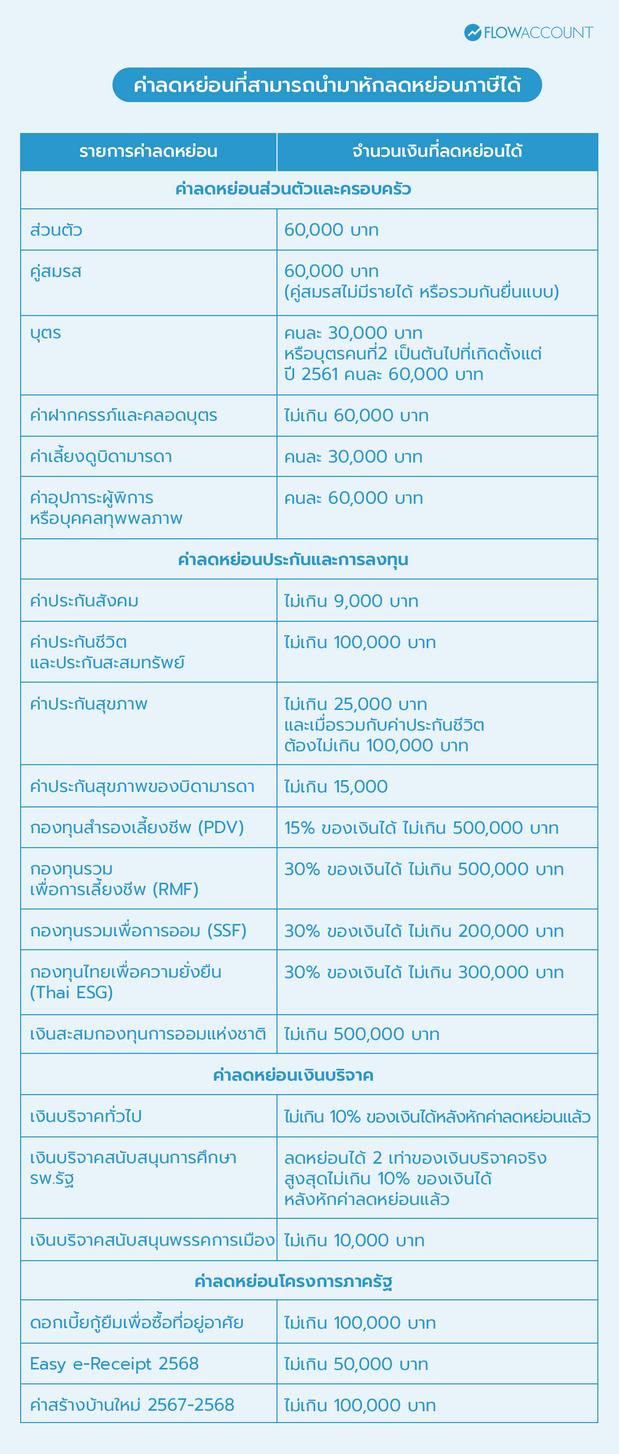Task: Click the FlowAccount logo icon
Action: click(472, 32)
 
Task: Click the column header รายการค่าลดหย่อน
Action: click(148, 152)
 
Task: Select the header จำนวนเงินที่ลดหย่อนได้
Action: click(436, 152)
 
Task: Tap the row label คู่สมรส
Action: click(56, 272)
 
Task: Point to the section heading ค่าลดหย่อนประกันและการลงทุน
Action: click(292, 559)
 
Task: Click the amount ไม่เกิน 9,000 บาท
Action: click(351, 601)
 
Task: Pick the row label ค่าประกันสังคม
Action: click(84, 601)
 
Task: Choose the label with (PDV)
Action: click(137, 828)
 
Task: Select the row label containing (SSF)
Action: click(138, 931)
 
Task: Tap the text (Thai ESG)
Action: click(71, 993)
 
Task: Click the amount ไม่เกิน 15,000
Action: click(335, 786)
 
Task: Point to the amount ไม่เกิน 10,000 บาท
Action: click(354, 1240)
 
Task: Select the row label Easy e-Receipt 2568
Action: click(114, 1364)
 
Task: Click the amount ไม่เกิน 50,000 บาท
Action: click(356, 1364)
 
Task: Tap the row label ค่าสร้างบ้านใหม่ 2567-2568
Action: click(132, 1405)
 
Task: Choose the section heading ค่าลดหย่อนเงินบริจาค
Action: click(292, 1075)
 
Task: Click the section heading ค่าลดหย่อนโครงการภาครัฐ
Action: click(292, 1281)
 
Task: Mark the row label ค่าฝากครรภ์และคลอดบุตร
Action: click(124, 416)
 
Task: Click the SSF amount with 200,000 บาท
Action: click(423, 931)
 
